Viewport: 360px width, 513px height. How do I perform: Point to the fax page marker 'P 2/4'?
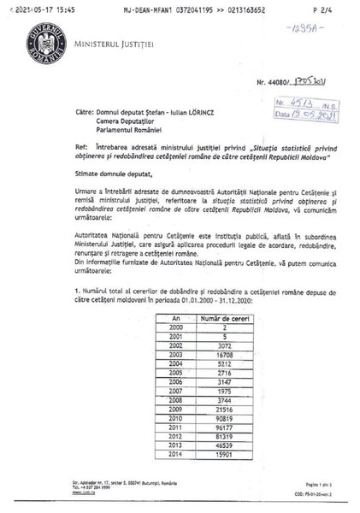(x=326, y=6)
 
